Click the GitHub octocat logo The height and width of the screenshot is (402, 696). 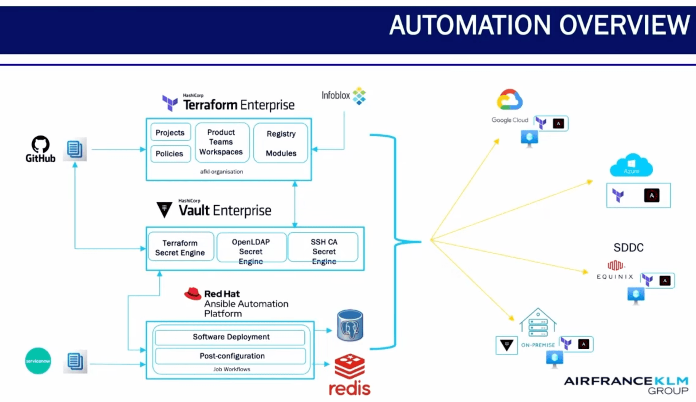(40, 144)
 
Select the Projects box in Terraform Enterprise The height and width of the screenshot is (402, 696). (170, 132)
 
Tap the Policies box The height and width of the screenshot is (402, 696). (170, 153)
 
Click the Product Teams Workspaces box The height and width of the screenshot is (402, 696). (221, 142)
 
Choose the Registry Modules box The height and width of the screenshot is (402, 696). (281, 143)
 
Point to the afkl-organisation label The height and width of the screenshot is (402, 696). (221, 171)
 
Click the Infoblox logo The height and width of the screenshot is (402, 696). (344, 96)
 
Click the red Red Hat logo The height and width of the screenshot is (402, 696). (193, 294)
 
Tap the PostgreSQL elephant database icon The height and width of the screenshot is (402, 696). (350, 326)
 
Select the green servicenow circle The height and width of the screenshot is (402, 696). (38, 361)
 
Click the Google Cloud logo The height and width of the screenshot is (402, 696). (509, 100)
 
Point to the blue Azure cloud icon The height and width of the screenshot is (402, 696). (631, 166)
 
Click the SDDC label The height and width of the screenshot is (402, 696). (628, 247)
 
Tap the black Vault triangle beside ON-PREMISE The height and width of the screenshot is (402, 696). (506, 345)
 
